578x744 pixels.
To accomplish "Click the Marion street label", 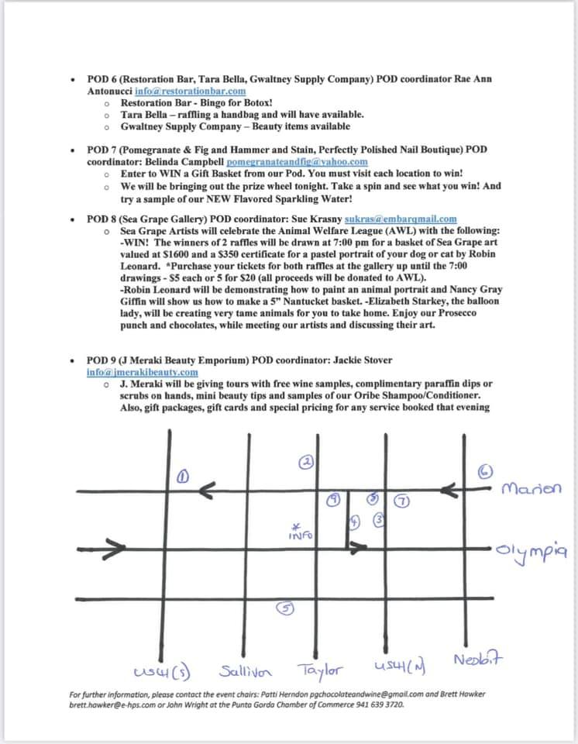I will click(532, 489).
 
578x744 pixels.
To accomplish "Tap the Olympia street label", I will click(532, 551).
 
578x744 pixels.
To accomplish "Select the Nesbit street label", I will click(479, 661).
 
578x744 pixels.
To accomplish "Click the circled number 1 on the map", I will click(183, 477).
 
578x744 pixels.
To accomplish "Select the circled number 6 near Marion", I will click(485, 471).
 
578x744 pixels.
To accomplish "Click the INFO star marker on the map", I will click(300, 531).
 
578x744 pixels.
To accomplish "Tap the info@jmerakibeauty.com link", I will click(142, 371).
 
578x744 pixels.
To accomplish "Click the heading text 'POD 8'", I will click(102, 219).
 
